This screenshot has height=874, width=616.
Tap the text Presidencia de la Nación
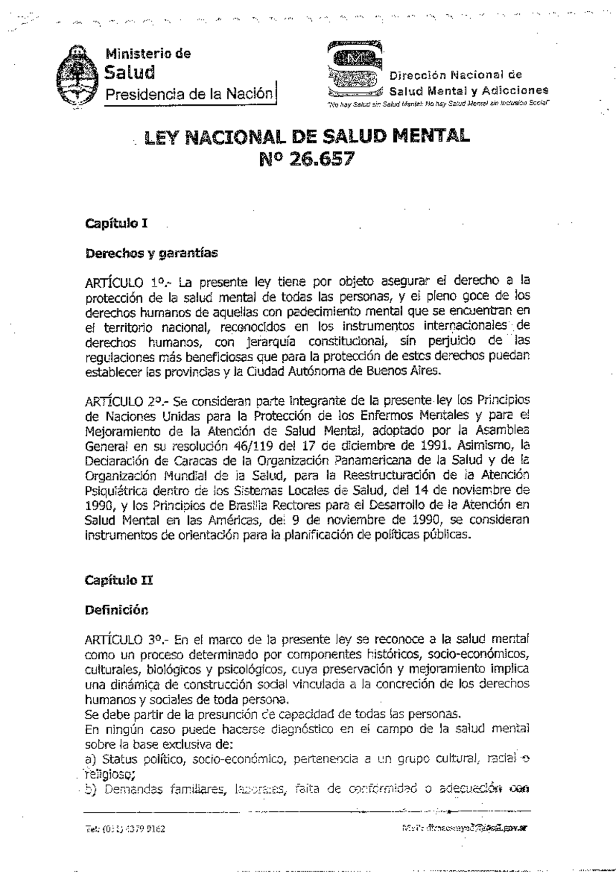pos(188,94)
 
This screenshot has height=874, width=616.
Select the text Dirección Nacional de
pos(455,76)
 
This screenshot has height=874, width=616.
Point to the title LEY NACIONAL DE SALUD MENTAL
pos(307,137)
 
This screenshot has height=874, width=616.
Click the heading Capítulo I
pos(117,224)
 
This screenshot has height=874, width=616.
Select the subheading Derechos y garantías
pos(151,253)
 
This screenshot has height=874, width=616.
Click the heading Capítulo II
pos(119,580)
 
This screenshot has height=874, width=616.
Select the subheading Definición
pos(117,610)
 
